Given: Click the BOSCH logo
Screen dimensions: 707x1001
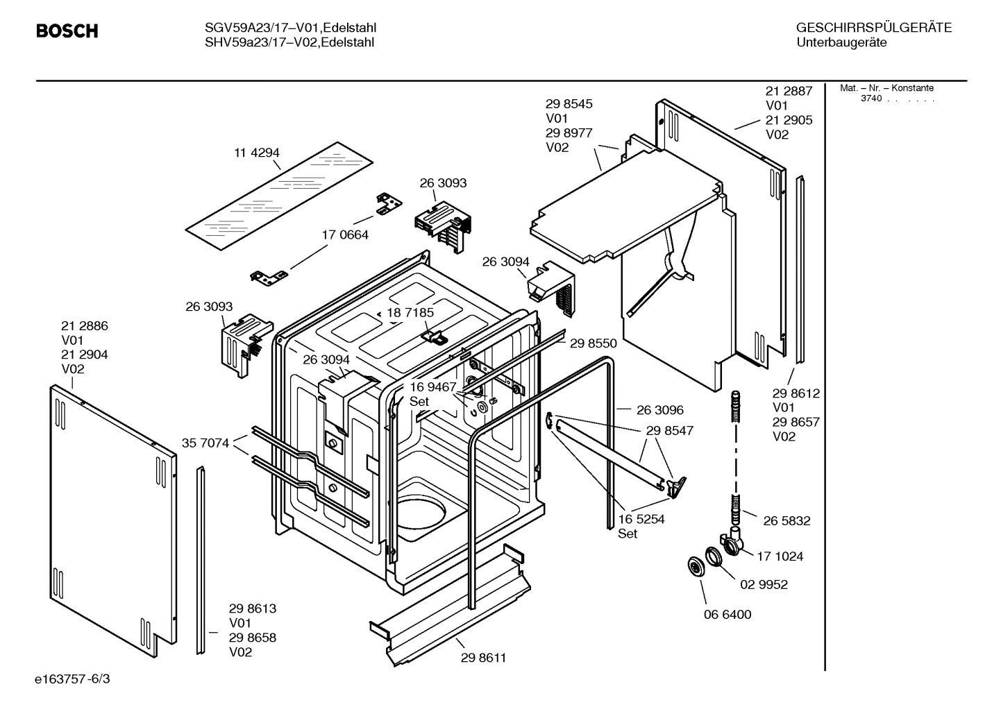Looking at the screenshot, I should [x=67, y=31].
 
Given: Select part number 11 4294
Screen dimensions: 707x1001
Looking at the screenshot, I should [x=256, y=153].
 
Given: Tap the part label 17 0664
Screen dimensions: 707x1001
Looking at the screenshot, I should [x=345, y=235].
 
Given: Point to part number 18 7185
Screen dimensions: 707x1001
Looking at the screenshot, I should [x=410, y=313].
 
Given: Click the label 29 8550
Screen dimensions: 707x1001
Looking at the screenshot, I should [x=594, y=343].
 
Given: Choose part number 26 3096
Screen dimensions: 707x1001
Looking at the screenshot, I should [x=659, y=410].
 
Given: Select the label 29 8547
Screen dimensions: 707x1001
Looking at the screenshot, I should [x=669, y=431].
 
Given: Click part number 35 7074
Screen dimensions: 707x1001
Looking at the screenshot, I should [x=205, y=443].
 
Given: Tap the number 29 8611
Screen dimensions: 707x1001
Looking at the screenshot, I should [x=483, y=658].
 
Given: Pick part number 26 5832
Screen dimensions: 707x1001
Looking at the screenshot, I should [x=786, y=521].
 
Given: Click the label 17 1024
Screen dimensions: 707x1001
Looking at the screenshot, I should [x=780, y=556].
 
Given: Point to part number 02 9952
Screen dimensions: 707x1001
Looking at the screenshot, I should [x=764, y=585].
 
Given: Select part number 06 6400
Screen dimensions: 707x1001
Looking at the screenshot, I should [x=727, y=615].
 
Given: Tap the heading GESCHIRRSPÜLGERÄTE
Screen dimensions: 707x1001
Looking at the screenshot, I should [x=873, y=28].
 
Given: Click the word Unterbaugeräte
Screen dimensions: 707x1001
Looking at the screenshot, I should [x=841, y=42].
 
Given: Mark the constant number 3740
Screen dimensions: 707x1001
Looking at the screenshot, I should [x=870, y=99].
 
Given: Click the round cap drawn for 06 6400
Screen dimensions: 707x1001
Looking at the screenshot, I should [x=694, y=566].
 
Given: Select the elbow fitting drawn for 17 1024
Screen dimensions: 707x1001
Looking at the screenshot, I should [x=732, y=543].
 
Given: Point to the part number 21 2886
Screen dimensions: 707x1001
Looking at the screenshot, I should [x=85, y=326].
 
